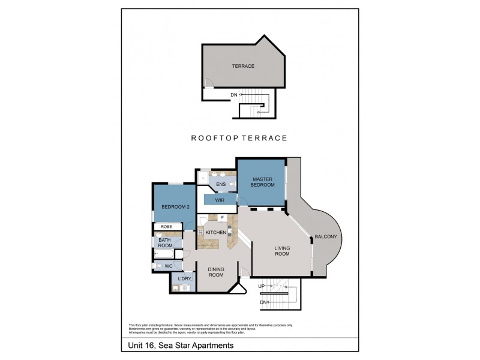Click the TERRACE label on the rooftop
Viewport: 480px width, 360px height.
(244, 66)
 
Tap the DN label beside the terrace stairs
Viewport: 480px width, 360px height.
(233, 95)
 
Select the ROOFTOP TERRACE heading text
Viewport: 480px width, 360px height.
(239, 138)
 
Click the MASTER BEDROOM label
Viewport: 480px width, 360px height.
(263, 182)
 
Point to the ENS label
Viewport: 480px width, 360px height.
(221, 184)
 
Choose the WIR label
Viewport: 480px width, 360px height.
(220, 200)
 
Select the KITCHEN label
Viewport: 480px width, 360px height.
(215, 232)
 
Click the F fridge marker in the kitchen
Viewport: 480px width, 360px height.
(222, 217)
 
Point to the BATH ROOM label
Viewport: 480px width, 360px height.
(166, 242)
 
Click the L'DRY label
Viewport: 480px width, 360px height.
(184, 279)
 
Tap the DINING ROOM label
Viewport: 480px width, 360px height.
(215, 272)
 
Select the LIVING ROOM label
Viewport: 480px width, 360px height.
(282, 251)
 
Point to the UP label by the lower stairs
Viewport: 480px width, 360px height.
(261, 287)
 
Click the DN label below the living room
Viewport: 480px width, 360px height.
(263, 302)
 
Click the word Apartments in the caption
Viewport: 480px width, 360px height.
(211, 346)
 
